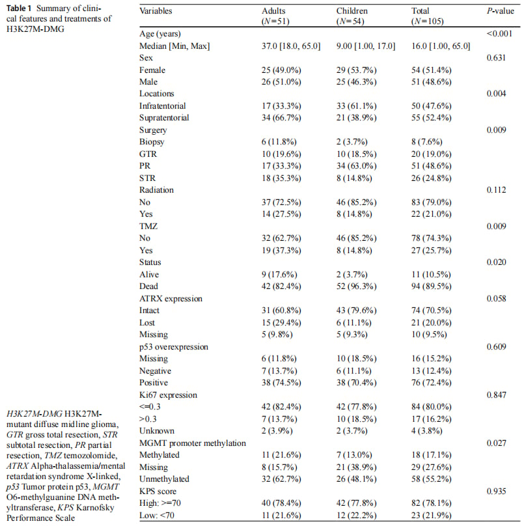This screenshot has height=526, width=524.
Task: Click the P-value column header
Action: [x=500, y=11]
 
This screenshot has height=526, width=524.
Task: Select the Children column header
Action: [x=352, y=11]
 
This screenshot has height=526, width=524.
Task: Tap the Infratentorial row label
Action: [x=162, y=106]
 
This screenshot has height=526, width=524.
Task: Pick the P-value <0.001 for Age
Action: [x=499, y=34]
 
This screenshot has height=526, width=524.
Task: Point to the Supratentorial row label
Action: [x=164, y=118]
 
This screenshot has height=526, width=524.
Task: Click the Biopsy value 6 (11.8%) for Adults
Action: [x=279, y=142]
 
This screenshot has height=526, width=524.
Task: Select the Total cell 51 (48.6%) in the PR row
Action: [x=432, y=166]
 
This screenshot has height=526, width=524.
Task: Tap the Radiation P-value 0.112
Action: [x=496, y=190]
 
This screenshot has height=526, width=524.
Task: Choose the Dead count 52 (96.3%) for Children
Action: [x=357, y=286]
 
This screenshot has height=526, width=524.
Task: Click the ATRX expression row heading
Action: [x=171, y=299]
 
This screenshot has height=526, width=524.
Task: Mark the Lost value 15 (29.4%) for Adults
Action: [x=281, y=323]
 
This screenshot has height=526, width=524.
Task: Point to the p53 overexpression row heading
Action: [x=174, y=347]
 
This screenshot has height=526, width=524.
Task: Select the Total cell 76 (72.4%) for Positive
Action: [x=432, y=383]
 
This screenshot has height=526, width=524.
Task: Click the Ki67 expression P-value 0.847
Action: [x=496, y=395]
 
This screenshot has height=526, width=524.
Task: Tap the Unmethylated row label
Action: [x=164, y=479]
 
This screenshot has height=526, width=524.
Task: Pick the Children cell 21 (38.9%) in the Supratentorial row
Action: [x=357, y=118]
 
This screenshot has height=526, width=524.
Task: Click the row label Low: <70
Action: [x=157, y=516]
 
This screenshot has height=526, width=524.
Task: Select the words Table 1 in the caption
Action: [x=19, y=8]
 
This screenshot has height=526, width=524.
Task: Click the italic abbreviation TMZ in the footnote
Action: [x=53, y=456]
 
